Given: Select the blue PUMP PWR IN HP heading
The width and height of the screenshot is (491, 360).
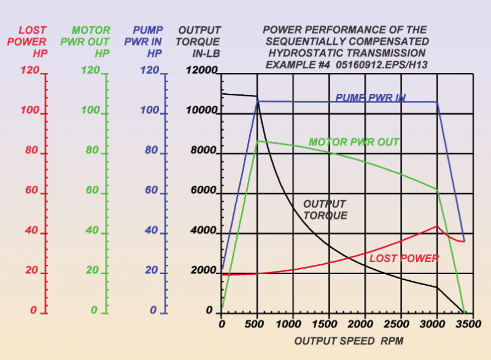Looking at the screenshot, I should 147,42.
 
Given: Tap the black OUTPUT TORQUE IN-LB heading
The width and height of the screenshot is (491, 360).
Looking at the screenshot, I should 198,42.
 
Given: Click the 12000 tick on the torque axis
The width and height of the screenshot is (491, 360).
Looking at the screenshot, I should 201,72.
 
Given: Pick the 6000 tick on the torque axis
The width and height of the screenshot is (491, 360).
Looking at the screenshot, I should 204,191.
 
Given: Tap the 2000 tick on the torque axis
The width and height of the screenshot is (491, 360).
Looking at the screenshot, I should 204,271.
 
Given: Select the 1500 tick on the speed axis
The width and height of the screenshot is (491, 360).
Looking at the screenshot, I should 328,323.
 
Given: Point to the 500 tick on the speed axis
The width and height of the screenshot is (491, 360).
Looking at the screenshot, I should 258,323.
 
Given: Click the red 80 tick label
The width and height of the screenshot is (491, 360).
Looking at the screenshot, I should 33,151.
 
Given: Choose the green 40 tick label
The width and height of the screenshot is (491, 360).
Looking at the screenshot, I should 92,231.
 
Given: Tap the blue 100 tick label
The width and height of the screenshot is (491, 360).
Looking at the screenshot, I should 149,112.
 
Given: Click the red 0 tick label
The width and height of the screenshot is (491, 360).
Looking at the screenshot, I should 34,311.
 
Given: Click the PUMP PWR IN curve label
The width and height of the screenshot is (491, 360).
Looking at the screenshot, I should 370,98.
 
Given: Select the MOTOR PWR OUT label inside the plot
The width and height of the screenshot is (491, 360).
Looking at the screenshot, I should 354,142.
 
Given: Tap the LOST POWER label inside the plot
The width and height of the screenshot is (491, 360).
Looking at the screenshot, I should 404,258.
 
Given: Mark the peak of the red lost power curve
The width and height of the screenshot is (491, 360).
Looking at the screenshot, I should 436,226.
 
